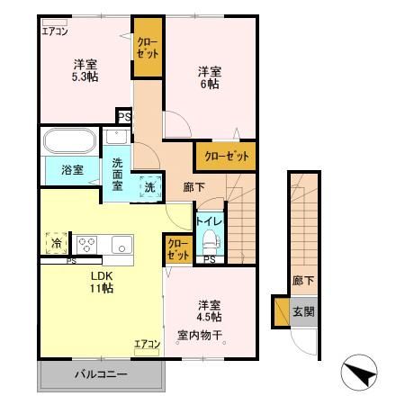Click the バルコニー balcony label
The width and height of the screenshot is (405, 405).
(101, 373)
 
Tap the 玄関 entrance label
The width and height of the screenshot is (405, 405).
(302, 312)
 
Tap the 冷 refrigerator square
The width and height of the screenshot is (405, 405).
(56, 242)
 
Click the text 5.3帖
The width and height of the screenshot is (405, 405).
(85, 76)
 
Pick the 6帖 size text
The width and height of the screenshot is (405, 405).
(209, 83)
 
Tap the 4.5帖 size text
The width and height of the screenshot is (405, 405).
(210, 316)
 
